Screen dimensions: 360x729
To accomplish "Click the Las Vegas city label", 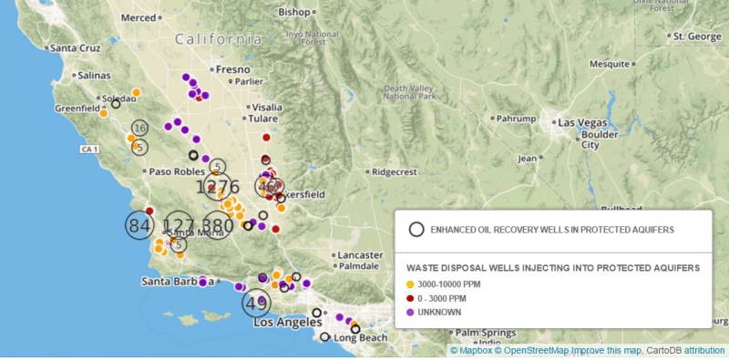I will tap(583, 122).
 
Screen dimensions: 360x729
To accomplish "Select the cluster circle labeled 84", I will tap(139, 225).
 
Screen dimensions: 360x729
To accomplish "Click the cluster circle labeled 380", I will tap(218, 225).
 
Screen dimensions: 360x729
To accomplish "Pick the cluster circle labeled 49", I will tap(257, 302).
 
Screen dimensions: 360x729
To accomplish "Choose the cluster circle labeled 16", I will tap(139, 129).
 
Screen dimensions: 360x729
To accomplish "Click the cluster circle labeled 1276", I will tap(217, 187).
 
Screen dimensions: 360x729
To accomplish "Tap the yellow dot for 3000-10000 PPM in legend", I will tap(411, 284).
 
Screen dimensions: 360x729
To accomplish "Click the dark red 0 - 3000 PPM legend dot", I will tap(411, 298).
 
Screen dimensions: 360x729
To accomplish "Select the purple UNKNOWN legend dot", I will tap(411, 312).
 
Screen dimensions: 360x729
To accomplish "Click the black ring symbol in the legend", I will tap(416, 230).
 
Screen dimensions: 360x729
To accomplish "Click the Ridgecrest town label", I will tap(393, 171).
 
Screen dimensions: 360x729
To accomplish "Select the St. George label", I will tap(694, 36).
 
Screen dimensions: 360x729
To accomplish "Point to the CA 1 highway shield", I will tap(88, 148).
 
